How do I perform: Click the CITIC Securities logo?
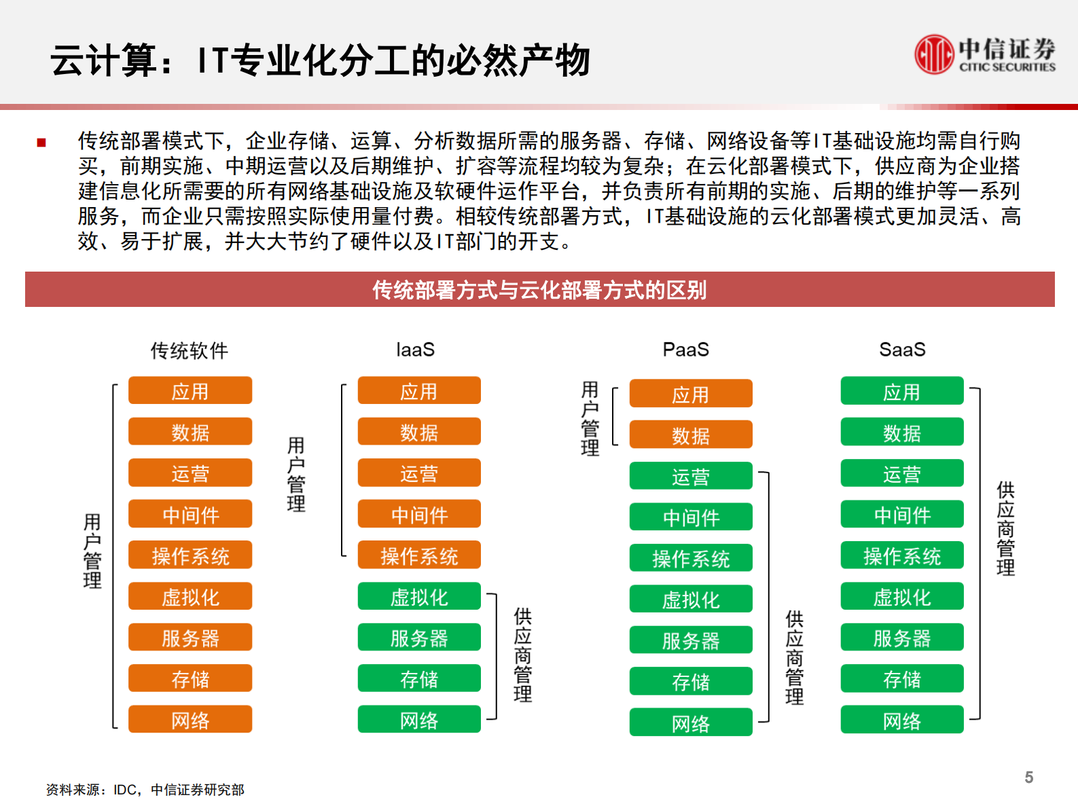[x=984, y=54]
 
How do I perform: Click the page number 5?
[x=1028, y=777]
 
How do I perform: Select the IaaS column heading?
[x=415, y=350]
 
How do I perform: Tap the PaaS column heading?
[x=685, y=350]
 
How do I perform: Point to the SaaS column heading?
[x=902, y=350]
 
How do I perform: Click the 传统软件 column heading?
[x=190, y=350]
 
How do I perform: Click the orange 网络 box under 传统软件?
[x=190, y=720]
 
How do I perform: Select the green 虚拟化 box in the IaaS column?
[x=419, y=597]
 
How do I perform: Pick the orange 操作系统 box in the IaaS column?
[x=419, y=555]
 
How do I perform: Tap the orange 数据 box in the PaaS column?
[x=691, y=435]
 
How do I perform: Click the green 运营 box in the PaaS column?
[x=691, y=477]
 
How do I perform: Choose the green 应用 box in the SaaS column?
[x=902, y=392]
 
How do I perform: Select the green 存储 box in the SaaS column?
[x=902, y=679]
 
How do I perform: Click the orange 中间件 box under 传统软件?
[x=190, y=515]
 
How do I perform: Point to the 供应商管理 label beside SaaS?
[x=1005, y=528]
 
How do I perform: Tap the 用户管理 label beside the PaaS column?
[x=590, y=418]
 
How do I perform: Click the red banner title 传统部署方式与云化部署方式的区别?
[x=539, y=290]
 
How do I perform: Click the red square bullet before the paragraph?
[x=41, y=143]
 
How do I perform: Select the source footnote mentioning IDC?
[x=145, y=790]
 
